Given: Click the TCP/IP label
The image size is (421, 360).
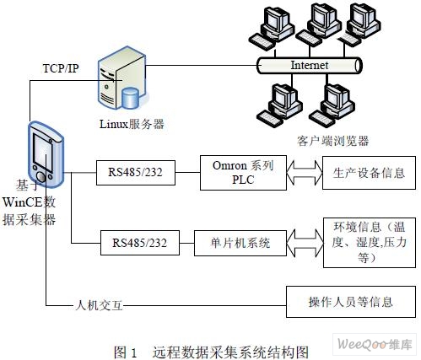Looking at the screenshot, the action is [x=61, y=68].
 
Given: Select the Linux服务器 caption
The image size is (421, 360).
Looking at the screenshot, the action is [x=132, y=124].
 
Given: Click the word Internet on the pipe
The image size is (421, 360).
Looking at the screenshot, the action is [x=310, y=65].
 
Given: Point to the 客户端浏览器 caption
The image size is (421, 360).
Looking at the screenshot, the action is [x=332, y=141].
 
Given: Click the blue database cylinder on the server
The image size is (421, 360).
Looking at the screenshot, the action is [x=130, y=98].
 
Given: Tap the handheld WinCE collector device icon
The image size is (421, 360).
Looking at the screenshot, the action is [x=46, y=154].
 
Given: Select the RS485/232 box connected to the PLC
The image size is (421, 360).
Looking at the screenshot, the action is [x=136, y=173].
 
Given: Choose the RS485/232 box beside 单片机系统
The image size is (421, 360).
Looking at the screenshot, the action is [x=140, y=243].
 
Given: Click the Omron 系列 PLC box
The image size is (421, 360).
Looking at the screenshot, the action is [x=243, y=173].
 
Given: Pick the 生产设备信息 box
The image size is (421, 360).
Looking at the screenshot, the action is [x=369, y=173].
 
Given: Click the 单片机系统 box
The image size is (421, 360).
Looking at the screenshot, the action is [x=240, y=243].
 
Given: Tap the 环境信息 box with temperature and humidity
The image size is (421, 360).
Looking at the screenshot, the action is [x=370, y=243].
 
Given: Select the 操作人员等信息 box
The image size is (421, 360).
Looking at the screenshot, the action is [x=351, y=302].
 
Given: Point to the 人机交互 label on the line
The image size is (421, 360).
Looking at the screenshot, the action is [x=99, y=305].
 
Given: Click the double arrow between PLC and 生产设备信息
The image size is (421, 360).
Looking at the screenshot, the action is [x=305, y=172].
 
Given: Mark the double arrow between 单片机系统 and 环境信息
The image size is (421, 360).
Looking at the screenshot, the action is [x=305, y=243].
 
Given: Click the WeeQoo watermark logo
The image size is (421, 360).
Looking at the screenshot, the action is [x=375, y=344].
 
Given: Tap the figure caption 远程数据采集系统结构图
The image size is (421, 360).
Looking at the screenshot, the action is [x=230, y=352].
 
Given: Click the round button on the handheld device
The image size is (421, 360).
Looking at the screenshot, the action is [x=41, y=177].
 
